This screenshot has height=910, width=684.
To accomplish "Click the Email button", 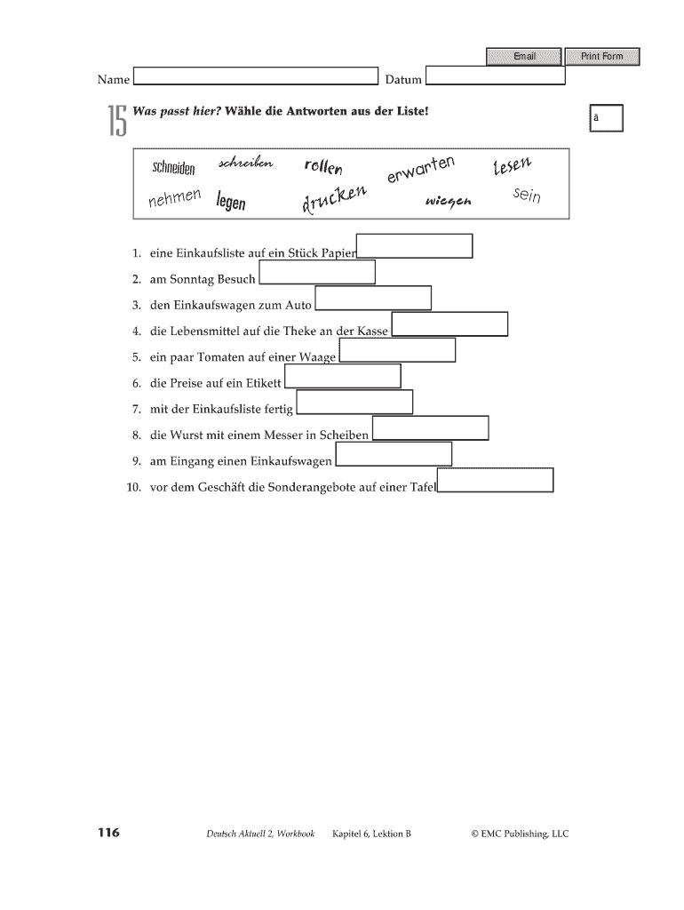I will pyautogui.click(x=523, y=57).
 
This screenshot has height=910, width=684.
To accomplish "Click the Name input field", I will pyautogui.click(x=256, y=77).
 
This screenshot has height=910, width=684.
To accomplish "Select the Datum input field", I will pyautogui.click(x=496, y=76).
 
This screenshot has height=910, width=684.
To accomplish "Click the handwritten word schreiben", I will pyautogui.click(x=245, y=164).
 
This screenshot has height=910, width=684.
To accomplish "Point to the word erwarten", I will pyautogui.click(x=421, y=169).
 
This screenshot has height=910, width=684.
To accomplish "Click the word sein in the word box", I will pyautogui.click(x=527, y=195).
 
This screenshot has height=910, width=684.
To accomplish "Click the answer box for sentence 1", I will pyautogui.click(x=414, y=245).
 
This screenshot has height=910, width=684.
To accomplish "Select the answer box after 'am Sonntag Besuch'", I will pyautogui.click(x=317, y=272).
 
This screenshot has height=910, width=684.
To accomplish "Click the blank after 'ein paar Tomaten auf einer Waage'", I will pyautogui.click(x=397, y=350).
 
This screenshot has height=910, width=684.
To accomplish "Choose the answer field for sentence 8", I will pyautogui.click(x=431, y=428).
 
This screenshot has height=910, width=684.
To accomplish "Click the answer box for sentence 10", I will pyautogui.click(x=496, y=480).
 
